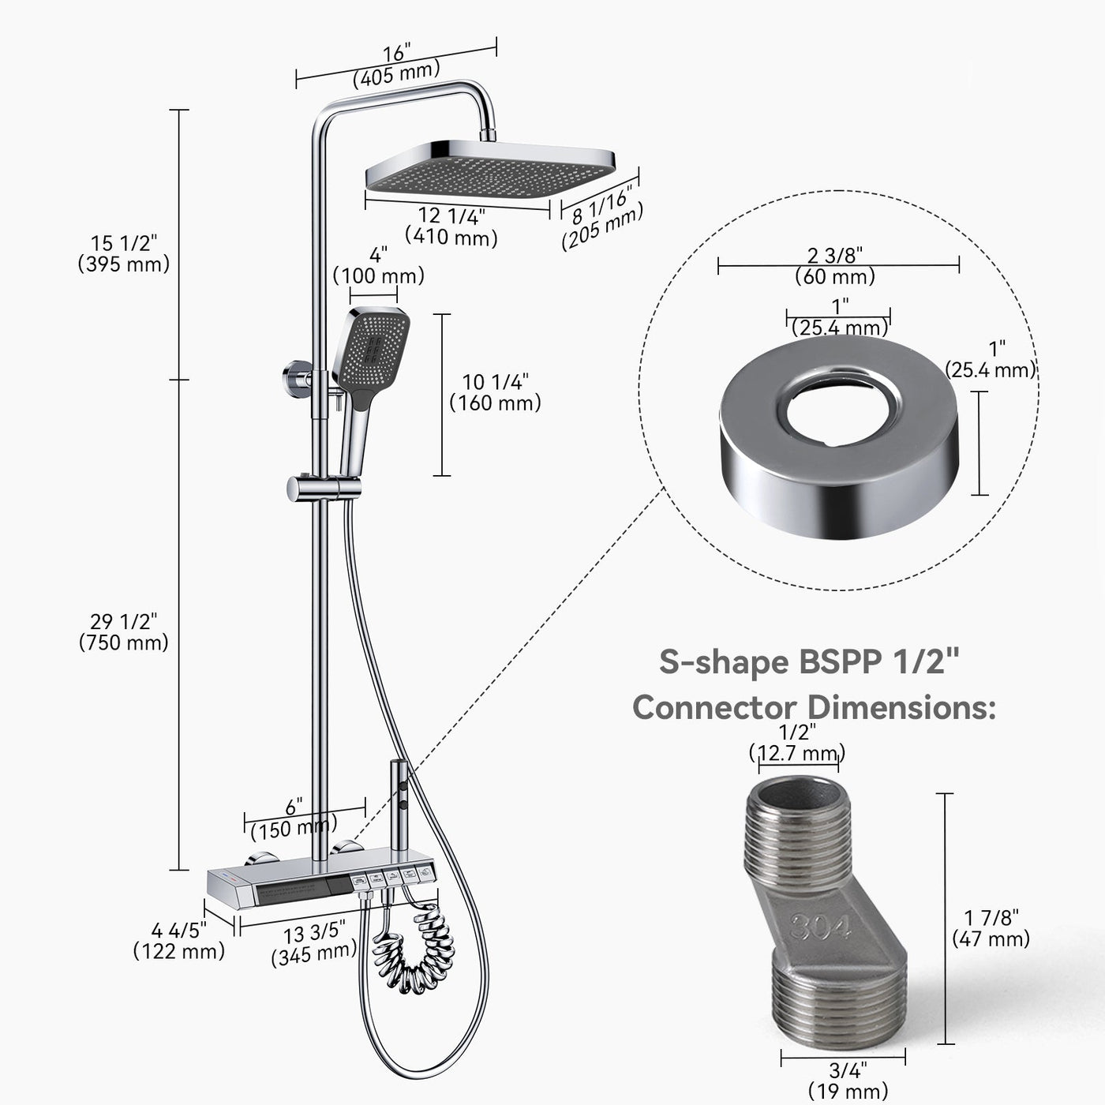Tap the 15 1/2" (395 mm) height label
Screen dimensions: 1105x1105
click(x=124, y=253)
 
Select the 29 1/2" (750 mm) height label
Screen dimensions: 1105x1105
click(x=124, y=632)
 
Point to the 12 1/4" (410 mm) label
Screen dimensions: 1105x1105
click(x=451, y=226)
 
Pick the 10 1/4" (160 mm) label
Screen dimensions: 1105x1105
click(x=495, y=392)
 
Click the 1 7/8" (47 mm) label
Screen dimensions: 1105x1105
click(x=991, y=928)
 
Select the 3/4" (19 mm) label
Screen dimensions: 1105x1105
click(x=848, y=1081)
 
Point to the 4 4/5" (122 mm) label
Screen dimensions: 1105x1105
click(x=179, y=940)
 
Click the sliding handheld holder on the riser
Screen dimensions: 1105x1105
click(x=319, y=488)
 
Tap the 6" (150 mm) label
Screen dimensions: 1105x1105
click(x=294, y=818)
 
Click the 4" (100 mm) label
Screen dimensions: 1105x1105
click(x=378, y=266)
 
